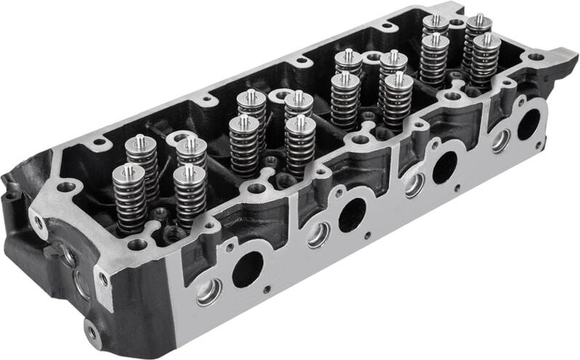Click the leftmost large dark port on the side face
247,270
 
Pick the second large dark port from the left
353,215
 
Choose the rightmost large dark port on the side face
528,124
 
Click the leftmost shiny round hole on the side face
209,292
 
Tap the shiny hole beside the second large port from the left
318,234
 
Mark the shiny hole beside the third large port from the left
414,184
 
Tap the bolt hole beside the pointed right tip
536,57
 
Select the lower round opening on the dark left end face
81,284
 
